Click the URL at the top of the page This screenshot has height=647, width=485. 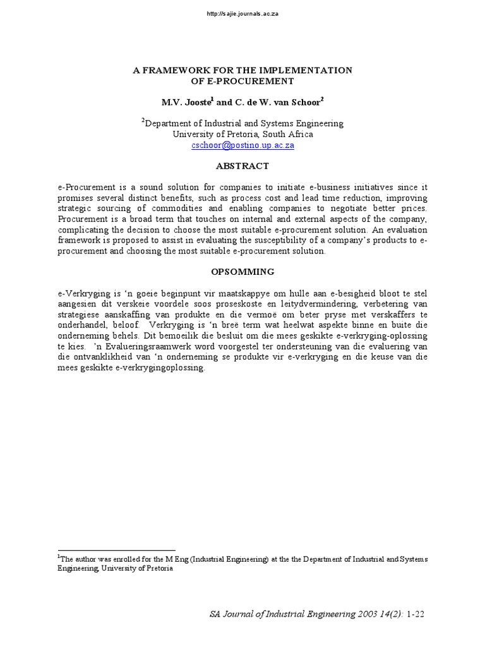click(242, 14)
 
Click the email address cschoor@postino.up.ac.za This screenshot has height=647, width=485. click(242, 145)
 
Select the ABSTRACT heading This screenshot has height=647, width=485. click(242, 166)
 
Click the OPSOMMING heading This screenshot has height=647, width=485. click(242, 272)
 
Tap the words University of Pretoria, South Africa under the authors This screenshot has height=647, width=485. click(242, 134)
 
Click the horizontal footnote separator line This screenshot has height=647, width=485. click(116, 550)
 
